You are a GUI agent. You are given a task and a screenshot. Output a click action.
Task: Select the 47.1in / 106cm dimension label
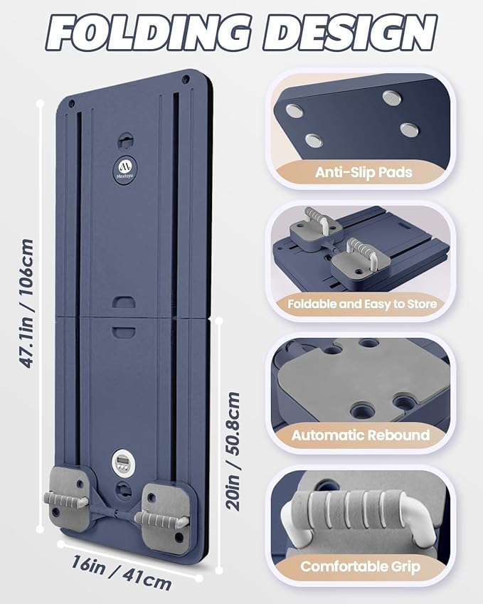point(26,304)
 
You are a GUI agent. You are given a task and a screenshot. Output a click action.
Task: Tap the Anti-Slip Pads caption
point(363,172)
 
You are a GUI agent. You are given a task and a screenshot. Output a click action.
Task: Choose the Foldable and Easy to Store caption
point(363,304)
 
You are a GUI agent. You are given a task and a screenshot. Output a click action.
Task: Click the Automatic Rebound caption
point(360,435)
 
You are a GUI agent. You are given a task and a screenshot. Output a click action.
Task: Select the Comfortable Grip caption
point(360,566)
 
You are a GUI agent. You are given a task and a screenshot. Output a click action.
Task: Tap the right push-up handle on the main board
point(161,521)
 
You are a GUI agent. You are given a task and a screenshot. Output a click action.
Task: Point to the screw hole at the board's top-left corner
point(71,104)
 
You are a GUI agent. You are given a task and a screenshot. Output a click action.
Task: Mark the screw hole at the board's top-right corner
point(186,80)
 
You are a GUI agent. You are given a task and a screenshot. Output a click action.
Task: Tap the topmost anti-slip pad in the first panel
point(392,97)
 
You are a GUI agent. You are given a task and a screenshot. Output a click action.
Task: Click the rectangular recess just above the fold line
point(124,302)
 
